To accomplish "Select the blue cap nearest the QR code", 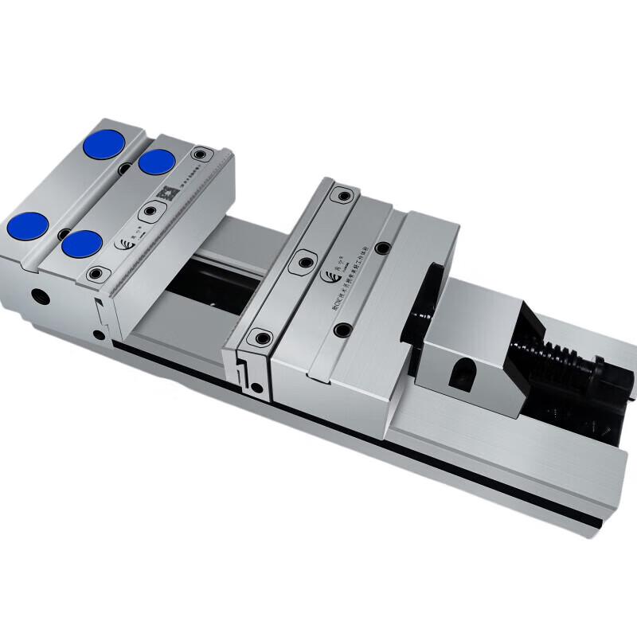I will click(157, 162).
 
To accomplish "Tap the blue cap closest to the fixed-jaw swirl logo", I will click(82, 244).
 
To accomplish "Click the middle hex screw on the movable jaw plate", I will click(303, 260).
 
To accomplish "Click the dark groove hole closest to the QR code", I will click(125, 169).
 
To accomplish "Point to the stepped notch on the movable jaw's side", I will click(242, 366).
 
